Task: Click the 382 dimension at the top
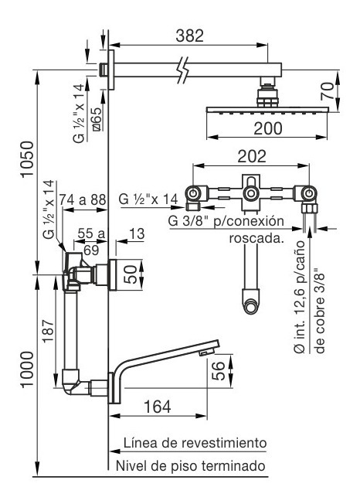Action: [x=189, y=36]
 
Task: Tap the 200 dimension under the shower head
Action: [x=268, y=128]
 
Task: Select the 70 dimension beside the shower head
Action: [x=328, y=91]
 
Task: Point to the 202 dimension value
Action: [x=252, y=156]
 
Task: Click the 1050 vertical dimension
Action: [x=27, y=158]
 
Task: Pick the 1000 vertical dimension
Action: [x=27, y=369]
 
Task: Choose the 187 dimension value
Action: [x=49, y=331]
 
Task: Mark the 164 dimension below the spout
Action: [x=157, y=407]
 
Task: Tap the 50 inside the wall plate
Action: [x=131, y=274]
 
